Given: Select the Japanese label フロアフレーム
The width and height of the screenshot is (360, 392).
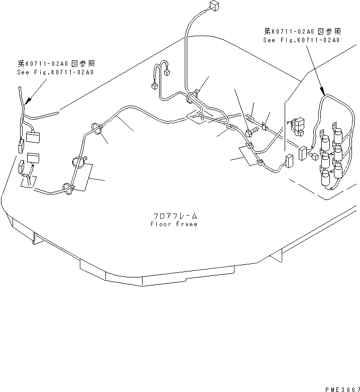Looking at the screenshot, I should point(174,216).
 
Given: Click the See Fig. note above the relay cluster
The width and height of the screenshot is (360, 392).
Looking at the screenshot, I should point(301,40).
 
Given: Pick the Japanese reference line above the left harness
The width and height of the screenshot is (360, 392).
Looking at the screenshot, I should point(56,63).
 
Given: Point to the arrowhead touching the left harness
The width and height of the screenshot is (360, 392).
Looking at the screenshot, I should point(28,101).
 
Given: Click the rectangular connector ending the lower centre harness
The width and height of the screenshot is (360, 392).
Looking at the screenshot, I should point(289,161).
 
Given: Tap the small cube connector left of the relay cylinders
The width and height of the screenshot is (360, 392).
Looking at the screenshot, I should point(313,156).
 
